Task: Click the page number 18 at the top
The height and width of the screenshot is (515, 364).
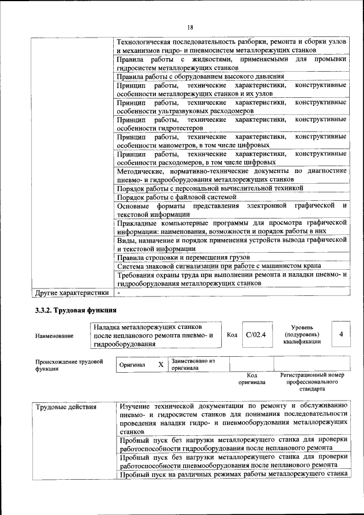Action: pos(190,27)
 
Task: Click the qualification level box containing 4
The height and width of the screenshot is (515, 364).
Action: pos(341,335)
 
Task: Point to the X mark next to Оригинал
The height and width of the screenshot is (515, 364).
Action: pos(160,365)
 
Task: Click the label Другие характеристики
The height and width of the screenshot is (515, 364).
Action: pos(72,292)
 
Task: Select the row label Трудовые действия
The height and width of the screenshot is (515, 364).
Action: pos(66,407)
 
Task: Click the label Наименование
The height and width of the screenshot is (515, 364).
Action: pos(54,336)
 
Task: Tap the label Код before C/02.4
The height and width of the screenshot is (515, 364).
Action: pos(232,335)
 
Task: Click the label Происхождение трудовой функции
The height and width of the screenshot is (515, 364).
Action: pos(69,365)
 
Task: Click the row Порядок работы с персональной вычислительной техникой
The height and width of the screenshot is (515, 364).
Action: pos(210,188)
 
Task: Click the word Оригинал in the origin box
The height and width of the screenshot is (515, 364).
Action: pos(132,365)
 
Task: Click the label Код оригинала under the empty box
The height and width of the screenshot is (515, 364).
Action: pos(252,379)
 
